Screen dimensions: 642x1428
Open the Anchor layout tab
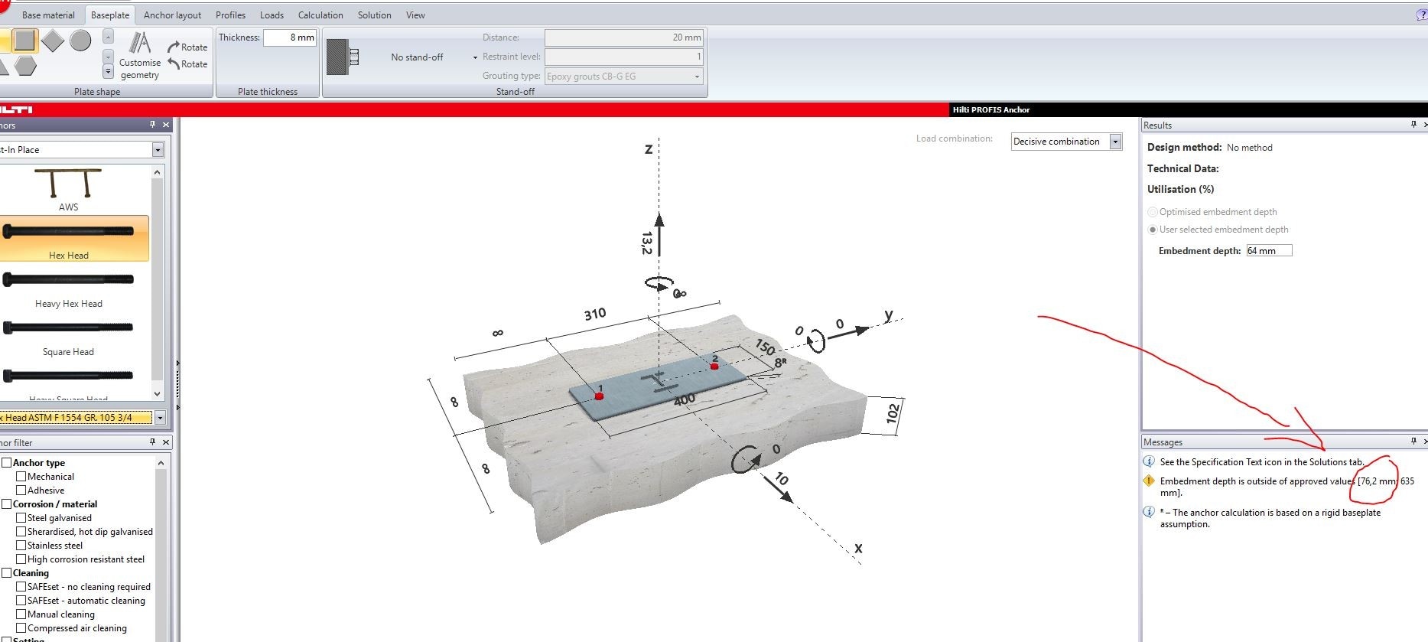(x=172, y=15)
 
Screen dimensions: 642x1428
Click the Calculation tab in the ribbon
(x=320, y=15)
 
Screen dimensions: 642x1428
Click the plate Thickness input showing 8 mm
(x=290, y=37)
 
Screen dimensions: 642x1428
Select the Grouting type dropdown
(x=623, y=77)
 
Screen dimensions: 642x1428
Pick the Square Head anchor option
(x=69, y=336)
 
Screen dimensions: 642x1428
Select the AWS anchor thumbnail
(x=69, y=188)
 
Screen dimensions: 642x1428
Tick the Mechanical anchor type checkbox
(x=21, y=477)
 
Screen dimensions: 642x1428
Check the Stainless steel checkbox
(x=21, y=546)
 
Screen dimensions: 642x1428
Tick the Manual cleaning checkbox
(x=21, y=614)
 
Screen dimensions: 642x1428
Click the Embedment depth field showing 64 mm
(x=1268, y=251)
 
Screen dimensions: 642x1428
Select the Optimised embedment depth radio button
(x=1153, y=212)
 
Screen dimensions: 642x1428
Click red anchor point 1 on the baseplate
(x=600, y=396)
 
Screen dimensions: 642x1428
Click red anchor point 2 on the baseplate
(x=714, y=366)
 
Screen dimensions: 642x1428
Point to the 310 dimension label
(x=594, y=314)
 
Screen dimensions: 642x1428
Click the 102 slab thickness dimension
(x=892, y=414)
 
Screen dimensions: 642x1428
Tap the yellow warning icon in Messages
(x=1149, y=481)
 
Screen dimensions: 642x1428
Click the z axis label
(x=649, y=149)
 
